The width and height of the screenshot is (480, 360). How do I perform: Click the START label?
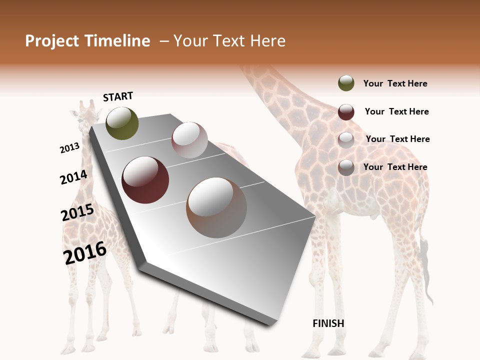coord(118,96)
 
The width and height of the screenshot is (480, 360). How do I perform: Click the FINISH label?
coord(328,323)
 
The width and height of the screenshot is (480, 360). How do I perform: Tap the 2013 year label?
coord(70,147)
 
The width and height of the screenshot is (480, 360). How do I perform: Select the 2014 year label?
coord(74,177)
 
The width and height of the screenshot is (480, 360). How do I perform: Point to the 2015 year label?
coord(77,212)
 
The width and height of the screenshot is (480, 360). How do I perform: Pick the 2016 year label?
coord(85,253)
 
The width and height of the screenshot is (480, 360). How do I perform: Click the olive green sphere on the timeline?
coord(122,123)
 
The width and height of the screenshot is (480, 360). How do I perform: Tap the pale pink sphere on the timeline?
coord(189,140)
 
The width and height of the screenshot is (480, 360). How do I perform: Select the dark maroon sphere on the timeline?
coord(145,180)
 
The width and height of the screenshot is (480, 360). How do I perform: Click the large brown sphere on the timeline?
coord(216,207)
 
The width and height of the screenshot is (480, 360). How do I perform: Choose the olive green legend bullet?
coord(346,83)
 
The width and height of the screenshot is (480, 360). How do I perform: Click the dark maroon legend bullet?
coord(346,111)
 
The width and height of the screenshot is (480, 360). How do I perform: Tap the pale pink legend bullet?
coord(346,139)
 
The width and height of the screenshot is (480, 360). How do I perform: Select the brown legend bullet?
coord(346,167)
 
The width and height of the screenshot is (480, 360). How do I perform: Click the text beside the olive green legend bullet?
coord(395,83)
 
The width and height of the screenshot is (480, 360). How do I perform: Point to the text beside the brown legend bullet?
coord(395,167)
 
